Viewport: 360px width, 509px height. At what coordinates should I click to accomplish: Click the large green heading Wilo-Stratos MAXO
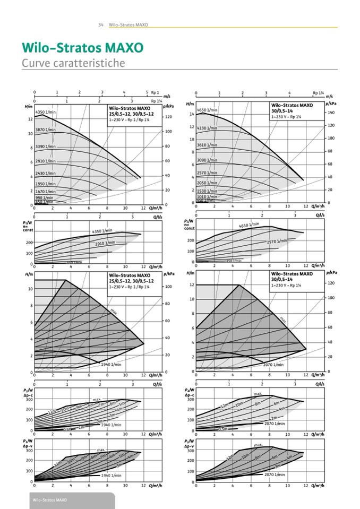click(82, 48)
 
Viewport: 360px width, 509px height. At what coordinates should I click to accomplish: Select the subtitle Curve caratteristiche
click(73, 63)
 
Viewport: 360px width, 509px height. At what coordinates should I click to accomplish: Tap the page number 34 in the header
click(100, 25)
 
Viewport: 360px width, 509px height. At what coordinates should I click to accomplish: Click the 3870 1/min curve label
click(46, 130)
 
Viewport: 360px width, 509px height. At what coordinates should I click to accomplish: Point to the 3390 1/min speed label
click(46, 146)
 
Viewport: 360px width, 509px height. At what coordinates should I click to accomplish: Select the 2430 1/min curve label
click(46, 174)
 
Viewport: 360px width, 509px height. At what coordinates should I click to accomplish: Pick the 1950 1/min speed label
click(46, 184)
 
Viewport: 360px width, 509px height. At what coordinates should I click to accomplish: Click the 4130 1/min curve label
click(207, 128)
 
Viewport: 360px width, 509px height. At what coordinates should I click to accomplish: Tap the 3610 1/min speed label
click(207, 145)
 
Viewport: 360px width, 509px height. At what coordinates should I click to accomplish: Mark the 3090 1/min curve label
click(207, 160)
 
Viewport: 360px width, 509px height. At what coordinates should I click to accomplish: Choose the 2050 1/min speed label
click(207, 182)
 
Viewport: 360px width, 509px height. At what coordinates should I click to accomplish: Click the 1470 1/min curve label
click(46, 192)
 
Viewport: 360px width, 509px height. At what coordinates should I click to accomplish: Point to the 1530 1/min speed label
click(207, 191)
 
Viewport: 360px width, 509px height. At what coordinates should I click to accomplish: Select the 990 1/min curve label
click(42, 197)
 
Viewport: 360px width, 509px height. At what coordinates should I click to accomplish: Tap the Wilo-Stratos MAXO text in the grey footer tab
click(50, 501)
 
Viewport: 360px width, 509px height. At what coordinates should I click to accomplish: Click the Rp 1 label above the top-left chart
click(155, 92)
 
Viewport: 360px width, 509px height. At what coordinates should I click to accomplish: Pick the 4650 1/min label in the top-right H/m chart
click(207, 110)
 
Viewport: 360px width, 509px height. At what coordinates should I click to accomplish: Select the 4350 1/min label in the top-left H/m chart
click(46, 113)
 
